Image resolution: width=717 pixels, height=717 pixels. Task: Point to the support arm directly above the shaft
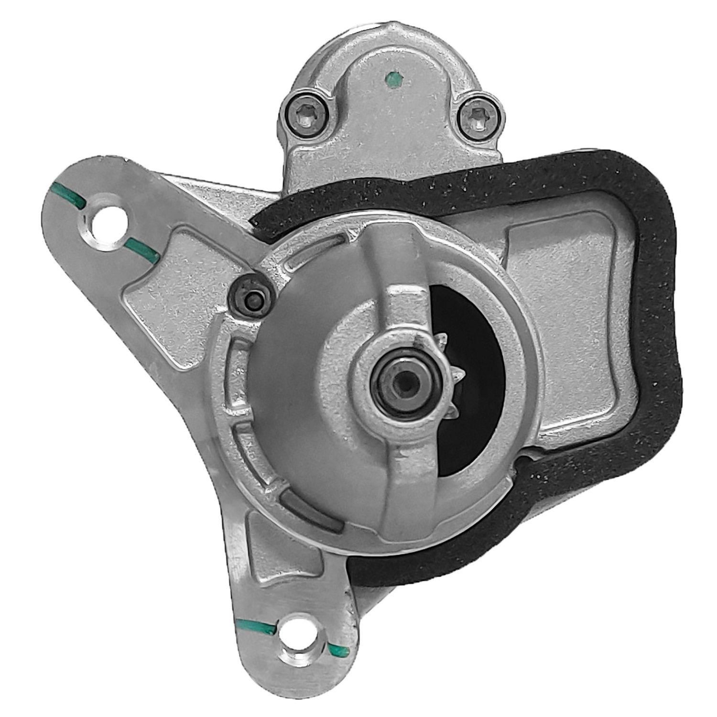[x=402, y=306]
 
